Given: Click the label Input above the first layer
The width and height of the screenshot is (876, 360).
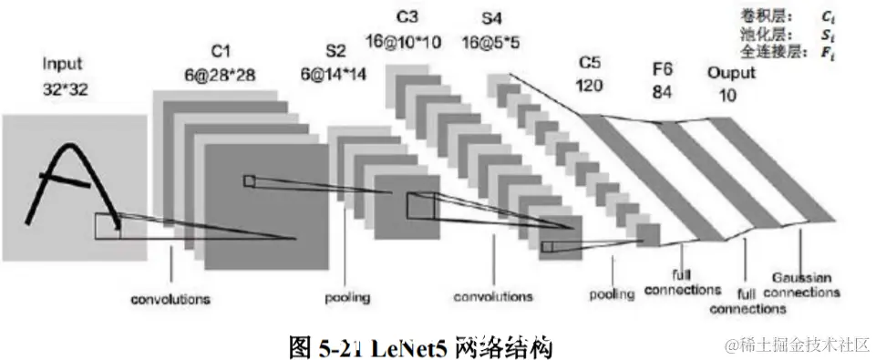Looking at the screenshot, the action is [62, 64].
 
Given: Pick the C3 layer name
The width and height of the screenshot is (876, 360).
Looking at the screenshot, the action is [407, 17].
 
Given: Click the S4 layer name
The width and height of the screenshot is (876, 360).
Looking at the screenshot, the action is [490, 17].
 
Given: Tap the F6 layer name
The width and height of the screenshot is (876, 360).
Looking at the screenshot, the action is [663, 68].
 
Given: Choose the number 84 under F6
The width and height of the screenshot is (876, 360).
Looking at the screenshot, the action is [662, 91].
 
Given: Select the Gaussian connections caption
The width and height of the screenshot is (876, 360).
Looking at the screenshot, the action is [801, 285].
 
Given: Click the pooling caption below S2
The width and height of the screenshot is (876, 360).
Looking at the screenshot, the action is [347, 298].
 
